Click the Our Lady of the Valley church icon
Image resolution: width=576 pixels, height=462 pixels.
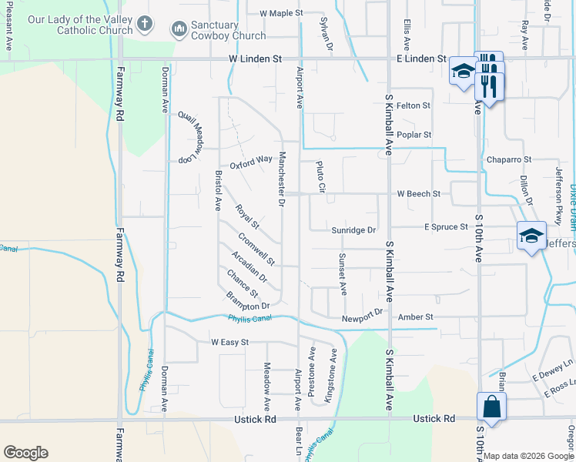(144, 25)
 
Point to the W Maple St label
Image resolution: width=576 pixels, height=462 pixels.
(283, 13)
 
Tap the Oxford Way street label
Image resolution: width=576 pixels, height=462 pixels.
(251, 159)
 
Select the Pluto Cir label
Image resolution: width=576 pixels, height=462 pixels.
(320, 177)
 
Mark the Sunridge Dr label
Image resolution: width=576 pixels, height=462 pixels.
(353, 229)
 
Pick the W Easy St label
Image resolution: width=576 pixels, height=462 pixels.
(229, 342)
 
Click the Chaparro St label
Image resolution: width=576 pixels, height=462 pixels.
(509, 159)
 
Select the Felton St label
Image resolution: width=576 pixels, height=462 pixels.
(414, 105)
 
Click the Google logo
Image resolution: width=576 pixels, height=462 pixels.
(25, 453)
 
